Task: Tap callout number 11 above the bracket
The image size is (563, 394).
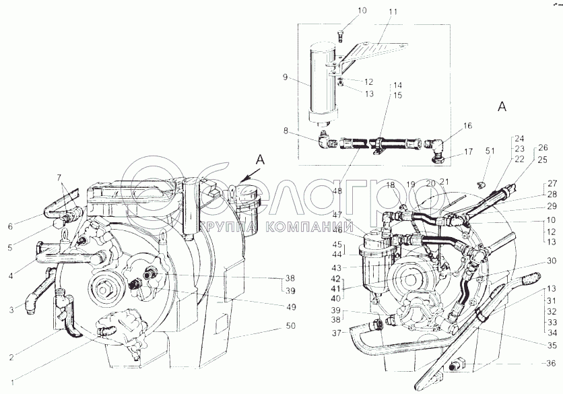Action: [x=394, y=11]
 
